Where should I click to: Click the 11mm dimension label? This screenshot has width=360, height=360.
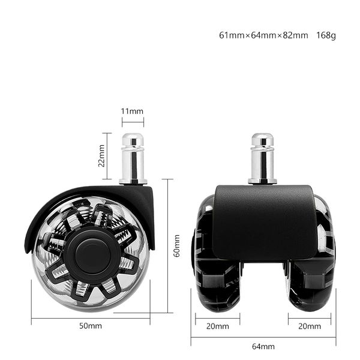point(132,112)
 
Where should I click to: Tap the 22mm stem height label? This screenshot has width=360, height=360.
point(101,155)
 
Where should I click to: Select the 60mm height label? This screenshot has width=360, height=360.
point(176,246)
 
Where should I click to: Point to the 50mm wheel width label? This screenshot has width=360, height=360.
point(91,326)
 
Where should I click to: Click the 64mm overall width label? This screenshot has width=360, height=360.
point(263,346)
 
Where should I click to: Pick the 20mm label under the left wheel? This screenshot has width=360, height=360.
point(217,326)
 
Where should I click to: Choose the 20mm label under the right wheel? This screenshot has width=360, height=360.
point(310,326)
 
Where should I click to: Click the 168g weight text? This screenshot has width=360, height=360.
point(326,35)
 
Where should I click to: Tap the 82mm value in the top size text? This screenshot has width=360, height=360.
point(295,35)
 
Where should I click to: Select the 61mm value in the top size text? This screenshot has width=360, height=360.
point(232,35)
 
